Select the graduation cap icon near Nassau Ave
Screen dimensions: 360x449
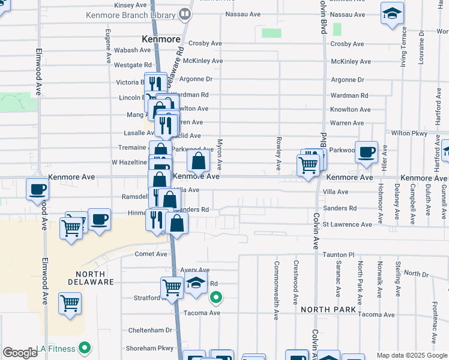[392, 14]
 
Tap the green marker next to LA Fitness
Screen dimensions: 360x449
[85, 348]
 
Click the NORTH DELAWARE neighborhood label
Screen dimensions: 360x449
[91, 277]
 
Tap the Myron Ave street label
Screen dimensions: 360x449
[220, 154]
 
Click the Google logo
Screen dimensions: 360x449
[20, 353]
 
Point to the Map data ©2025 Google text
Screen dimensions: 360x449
[411, 355]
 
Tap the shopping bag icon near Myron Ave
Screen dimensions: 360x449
[199, 160]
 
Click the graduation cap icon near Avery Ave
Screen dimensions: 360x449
[195, 284]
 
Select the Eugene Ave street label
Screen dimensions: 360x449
[108, 47]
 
